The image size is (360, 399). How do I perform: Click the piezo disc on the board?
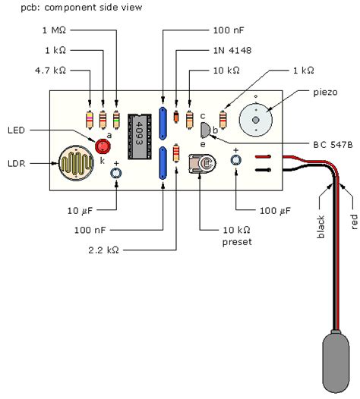point(256,118)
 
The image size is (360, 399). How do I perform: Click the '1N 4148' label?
point(226,52)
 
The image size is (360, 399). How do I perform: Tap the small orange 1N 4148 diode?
point(175,118)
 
